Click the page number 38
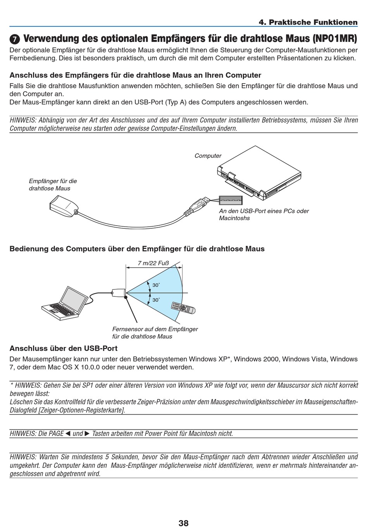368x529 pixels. coord(184,523)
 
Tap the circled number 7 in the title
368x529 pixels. coord(14,40)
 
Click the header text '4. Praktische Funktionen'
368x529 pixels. coord(308,22)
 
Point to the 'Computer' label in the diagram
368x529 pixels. coord(208,156)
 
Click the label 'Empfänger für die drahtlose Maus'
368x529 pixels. coord(53,185)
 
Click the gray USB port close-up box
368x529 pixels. coord(230,200)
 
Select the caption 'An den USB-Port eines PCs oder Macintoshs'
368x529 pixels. coord(263,214)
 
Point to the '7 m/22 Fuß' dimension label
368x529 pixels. coord(153,264)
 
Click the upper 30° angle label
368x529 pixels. coord(156,285)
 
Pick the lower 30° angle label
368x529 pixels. coord(156,300)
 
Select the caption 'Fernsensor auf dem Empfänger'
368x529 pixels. coord(155,329)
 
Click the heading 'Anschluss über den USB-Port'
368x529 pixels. coord(63,348)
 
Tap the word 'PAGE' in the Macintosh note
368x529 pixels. coord(56,433)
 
